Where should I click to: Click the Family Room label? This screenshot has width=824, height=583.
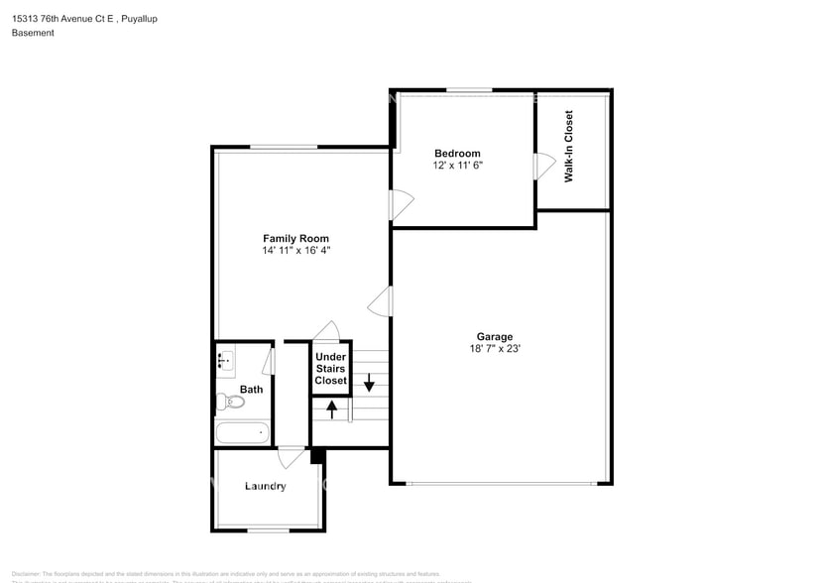295,238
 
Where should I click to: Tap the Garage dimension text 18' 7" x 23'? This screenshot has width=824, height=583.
496,349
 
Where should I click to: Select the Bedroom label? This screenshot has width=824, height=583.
457,154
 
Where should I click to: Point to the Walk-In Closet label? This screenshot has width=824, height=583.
569,147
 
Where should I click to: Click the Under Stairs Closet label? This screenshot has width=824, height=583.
330,368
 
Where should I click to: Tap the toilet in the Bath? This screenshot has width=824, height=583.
230,402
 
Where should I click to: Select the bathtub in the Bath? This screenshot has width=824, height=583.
242,432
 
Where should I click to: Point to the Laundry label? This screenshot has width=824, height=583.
266,486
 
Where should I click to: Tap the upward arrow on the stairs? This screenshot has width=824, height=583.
331,407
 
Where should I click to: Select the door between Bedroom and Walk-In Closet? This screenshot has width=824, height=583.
542,167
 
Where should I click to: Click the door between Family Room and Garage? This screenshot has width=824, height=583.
381,300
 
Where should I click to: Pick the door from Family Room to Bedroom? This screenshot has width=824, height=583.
399,204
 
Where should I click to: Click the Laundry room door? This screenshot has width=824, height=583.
291,457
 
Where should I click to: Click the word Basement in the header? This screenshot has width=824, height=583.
33,33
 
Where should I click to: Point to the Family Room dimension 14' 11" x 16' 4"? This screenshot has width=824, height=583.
295,251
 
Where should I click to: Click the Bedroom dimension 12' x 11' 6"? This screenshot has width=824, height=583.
458,166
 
